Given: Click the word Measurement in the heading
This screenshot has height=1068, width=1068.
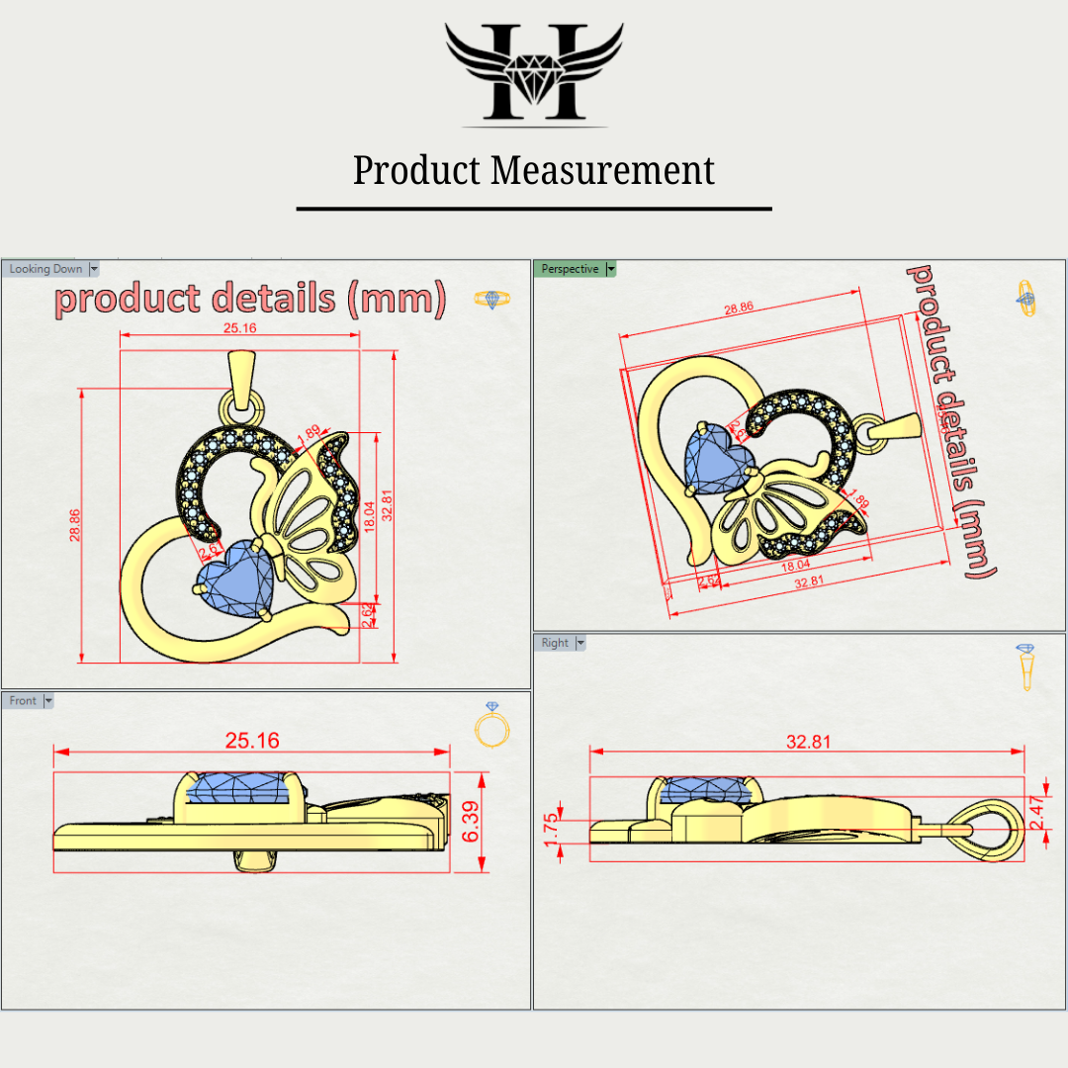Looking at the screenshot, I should pos(603,170).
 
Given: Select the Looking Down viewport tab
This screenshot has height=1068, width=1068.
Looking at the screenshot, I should pos(45,269).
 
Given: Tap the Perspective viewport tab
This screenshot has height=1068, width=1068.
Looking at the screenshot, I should pos(570,269).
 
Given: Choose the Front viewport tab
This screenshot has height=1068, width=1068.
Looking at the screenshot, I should pos(23,701).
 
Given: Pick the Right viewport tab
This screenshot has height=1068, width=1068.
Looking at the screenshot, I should pos(555,643).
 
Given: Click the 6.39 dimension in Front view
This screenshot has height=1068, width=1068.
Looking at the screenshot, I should pos(472,821).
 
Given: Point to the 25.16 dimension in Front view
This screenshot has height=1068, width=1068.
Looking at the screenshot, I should pos(252,740).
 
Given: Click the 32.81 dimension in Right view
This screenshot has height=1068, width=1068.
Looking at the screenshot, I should pos(808,742).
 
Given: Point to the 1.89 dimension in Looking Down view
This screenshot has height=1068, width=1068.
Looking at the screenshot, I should pos(308,432).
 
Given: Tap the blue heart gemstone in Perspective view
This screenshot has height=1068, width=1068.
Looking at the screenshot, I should pos(717,460).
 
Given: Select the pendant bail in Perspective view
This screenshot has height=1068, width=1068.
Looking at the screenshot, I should pos(890,428).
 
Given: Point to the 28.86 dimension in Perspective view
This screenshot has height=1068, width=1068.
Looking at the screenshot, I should pos(738,308).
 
